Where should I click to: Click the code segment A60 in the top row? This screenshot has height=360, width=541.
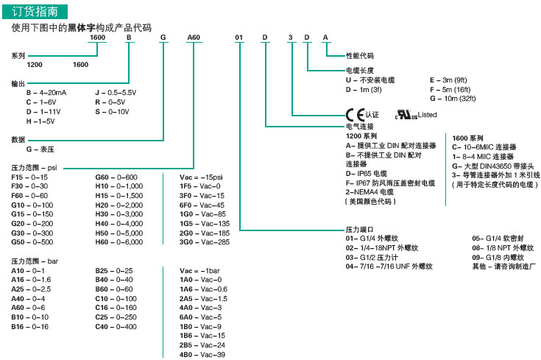tap(194, 37)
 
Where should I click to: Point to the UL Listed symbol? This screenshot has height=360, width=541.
tap(405, 115)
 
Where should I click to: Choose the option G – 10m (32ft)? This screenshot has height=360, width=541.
tap(453, 97)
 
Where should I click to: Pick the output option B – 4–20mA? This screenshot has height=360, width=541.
tap(46, 93)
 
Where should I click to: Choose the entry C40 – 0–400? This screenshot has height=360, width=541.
tap(116, 326)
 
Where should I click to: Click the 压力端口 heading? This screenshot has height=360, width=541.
tap(361, 229)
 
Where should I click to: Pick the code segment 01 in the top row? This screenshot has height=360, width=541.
tap(238, 37)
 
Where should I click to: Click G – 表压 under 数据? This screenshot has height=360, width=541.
tap(42, 149)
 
